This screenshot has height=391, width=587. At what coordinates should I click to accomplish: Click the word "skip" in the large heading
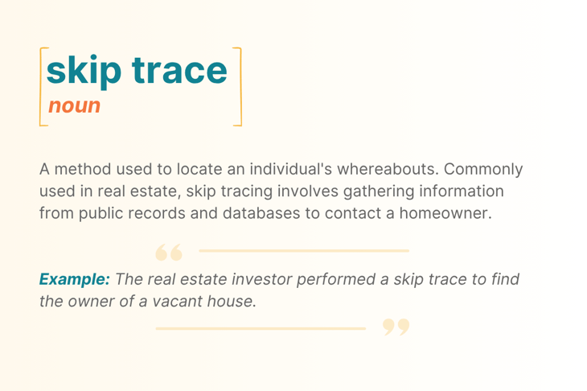click(x=83, y=70)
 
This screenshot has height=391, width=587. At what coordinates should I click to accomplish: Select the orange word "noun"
click(x=74, y=105)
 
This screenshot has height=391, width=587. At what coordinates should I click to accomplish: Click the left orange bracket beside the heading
click(x=41, y=86)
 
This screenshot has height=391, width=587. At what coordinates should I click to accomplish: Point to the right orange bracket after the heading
click(x=238, y=86)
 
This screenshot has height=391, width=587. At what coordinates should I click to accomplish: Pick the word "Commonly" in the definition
click(x=483, y=170)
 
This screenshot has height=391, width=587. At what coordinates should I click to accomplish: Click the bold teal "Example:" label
click(x=74, y=279)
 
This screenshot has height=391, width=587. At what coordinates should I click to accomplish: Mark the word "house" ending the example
click(x=233, y=301)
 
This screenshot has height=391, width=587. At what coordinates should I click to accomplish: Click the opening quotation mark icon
click(x=169, y=253)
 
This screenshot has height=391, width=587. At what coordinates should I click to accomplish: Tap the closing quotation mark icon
click(x=396, y=326)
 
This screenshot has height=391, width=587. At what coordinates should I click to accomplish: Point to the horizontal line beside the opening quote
click(x=304, y=251)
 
